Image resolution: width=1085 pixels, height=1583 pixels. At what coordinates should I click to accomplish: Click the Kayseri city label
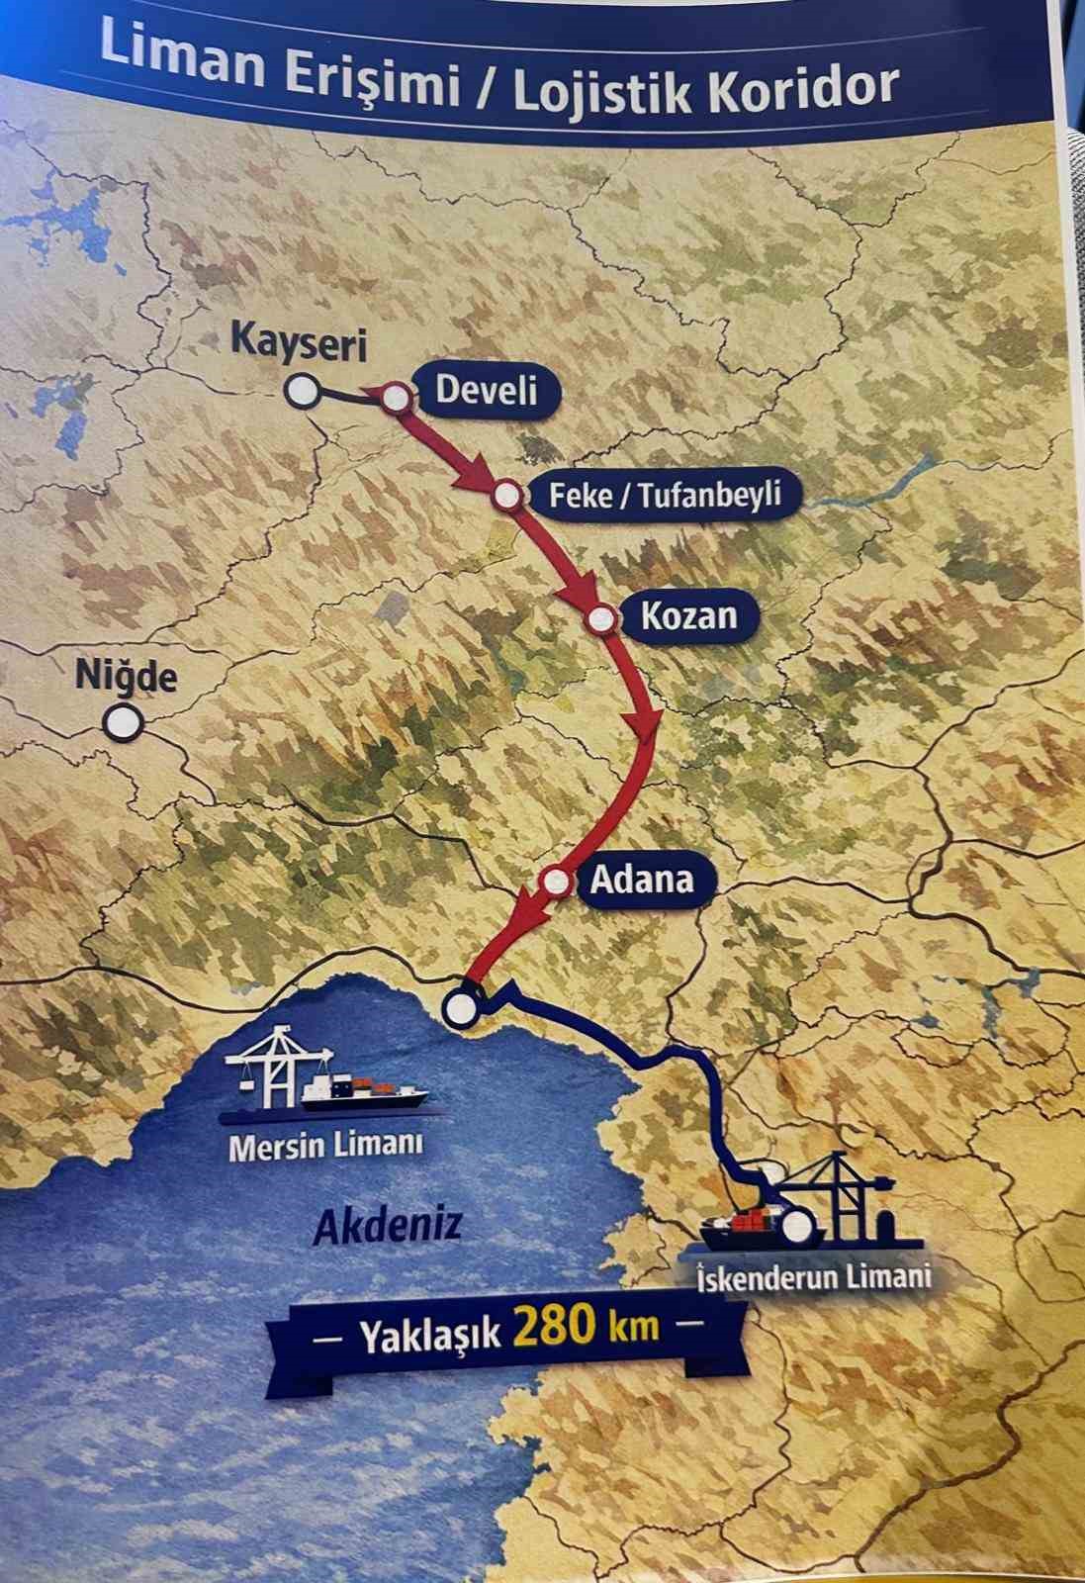point(285,343)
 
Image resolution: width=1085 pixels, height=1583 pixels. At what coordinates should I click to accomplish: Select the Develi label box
point(487,390)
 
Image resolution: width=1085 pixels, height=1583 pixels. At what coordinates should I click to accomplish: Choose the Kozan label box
point(688,616)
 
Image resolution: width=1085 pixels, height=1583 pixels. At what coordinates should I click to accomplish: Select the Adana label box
point(642,879)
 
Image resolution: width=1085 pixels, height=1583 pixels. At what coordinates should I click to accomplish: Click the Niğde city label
point(127,678)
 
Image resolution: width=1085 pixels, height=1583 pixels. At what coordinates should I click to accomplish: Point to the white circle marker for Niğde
point(124,723)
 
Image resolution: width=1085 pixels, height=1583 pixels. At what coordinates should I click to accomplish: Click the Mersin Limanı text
point(325,1147)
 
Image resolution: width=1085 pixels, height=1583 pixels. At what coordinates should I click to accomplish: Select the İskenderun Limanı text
point(813,1275)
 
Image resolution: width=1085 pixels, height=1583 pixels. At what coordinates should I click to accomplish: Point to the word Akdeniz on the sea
point(389,1228)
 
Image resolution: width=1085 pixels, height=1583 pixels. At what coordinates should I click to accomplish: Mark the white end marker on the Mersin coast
point(461,1008)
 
